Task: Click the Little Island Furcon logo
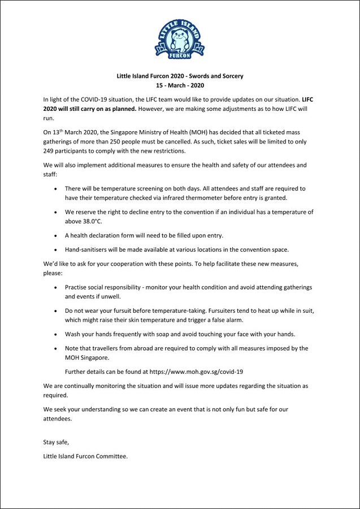click(179, 37)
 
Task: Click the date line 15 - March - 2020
click(180, 85)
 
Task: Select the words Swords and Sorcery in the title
click(216, 75)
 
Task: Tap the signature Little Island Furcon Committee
click(85, 455)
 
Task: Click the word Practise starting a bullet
click(78, 287)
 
